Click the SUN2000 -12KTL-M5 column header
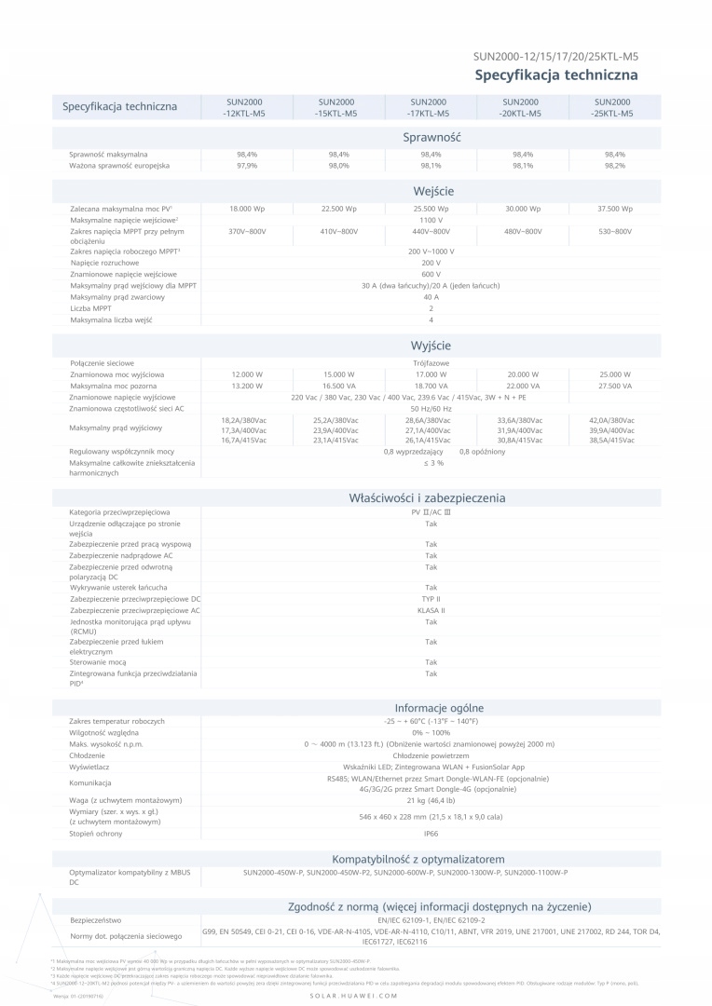coord(247,107)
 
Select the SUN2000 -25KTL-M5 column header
coord(614,107)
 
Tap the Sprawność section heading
coord(431,138)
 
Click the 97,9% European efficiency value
coord(247,165)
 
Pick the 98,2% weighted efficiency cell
coord(614,165)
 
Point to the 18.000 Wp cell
coord(247,210)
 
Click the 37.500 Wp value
coord(614,210)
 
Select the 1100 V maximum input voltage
coord(431,220)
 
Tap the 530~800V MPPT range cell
coord(614,231)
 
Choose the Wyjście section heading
coord(431,346)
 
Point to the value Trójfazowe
coord(431,362)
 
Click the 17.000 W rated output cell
coord(431,374)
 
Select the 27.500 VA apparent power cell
coord(614,386)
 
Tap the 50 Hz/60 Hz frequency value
coord(431,408)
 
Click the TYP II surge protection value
coord(431,599)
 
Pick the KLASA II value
coord(431,610)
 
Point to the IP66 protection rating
coord(431,834)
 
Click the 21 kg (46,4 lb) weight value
coord(431,800)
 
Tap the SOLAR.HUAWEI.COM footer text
coord(355,996)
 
